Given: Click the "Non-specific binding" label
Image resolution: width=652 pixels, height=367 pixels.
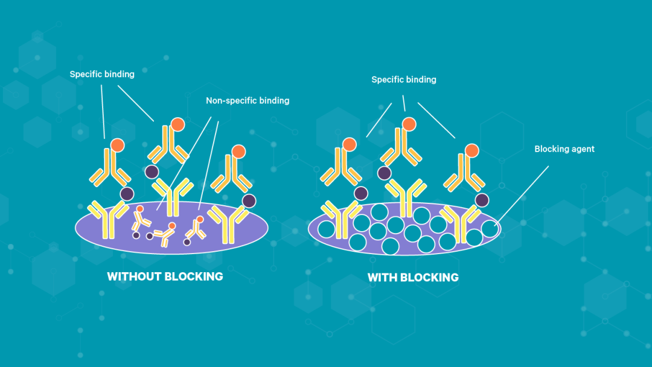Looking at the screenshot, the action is (248, 101).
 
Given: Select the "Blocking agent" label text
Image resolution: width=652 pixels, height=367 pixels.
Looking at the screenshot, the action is (564, 149).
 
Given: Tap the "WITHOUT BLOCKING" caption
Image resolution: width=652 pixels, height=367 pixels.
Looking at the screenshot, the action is (165, 276).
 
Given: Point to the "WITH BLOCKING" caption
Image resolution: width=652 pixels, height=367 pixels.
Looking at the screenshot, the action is (413, 277).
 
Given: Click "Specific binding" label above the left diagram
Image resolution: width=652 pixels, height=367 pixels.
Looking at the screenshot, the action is (102, 74).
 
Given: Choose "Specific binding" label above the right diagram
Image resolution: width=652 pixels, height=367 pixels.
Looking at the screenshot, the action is (404, 80).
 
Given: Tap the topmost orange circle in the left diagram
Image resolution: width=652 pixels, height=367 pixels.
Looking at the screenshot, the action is (177, 124).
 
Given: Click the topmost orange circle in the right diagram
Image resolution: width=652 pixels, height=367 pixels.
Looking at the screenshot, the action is (409, 124).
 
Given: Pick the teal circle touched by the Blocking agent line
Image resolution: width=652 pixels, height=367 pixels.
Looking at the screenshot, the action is (490, 229).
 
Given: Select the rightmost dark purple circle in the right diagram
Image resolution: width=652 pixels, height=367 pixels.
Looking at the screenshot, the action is (482, 200).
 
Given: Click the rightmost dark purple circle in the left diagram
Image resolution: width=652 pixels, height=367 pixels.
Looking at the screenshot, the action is (249, 201).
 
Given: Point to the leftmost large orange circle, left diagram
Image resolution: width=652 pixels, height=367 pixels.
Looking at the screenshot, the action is (118, 145).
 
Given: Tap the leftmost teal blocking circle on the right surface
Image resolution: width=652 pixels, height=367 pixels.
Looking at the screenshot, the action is (327, 229).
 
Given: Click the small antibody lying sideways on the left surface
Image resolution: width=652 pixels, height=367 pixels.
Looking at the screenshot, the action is (164, 234).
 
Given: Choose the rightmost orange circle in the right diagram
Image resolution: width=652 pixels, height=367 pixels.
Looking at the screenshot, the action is (472, 150).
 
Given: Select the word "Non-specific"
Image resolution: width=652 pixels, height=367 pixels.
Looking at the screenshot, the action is (231, 101).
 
